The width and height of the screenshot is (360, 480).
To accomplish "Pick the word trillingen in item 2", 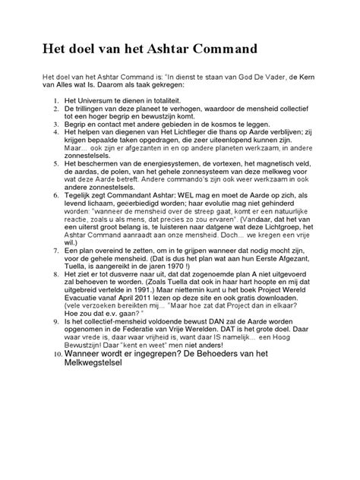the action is [x=93, y=110].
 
